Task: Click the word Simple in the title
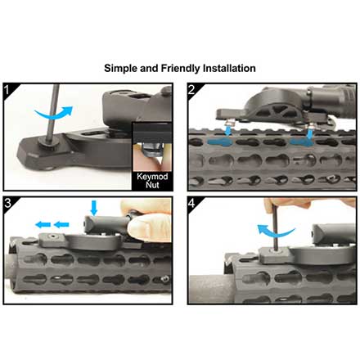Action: click(120, 68)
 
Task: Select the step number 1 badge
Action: click(7, 90)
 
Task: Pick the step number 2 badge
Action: click(191, 90)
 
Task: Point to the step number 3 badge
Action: click(8, 203)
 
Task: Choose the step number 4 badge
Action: click(192, 203)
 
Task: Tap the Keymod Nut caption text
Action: click(152, 181)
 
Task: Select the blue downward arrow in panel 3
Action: click(94, 208)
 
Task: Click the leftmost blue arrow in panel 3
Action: click(43, 225)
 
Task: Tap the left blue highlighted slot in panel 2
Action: click(219, 142)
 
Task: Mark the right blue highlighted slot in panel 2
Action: click(302, 142)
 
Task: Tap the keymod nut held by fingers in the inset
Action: click(151, 151)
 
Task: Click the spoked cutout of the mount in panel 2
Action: click(279, 111)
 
